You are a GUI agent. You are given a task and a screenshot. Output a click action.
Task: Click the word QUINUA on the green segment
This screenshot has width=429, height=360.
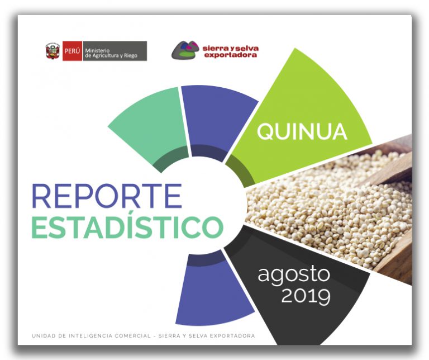point(302,132)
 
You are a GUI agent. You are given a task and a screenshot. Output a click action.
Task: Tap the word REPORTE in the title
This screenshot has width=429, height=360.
point(107,196)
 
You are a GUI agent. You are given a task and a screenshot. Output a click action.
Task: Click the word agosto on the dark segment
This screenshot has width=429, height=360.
point(294,274)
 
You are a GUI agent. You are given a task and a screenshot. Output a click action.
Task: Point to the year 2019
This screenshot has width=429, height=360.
point(306,296)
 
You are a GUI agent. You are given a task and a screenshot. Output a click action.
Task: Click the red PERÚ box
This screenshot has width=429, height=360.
point(72,51)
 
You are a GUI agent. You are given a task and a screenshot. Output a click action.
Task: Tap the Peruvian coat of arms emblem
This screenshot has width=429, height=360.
point(53,51)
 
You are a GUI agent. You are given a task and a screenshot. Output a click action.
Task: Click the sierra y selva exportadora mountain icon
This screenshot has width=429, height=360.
point(185,50)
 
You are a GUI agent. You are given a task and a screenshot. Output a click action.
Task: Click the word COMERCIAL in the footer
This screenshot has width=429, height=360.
point(133,335)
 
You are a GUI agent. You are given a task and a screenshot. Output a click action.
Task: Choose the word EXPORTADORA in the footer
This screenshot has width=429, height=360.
point(233,335)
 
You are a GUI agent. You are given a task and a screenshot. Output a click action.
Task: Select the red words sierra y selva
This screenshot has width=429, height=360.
point(231,49)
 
